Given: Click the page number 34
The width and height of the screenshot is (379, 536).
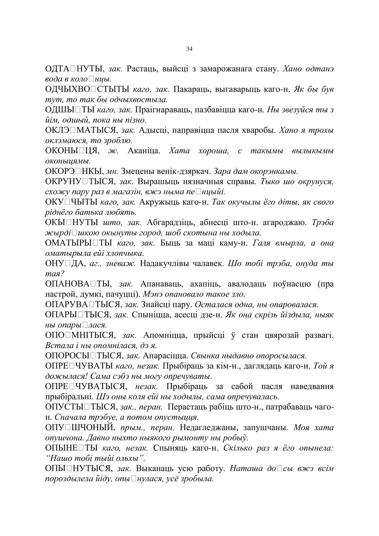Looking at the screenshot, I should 189,49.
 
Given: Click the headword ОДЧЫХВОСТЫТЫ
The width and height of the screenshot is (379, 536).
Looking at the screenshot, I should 87,89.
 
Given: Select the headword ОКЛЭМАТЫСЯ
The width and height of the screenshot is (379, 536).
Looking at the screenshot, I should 81,130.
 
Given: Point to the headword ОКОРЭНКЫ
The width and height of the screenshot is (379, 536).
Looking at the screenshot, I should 75,171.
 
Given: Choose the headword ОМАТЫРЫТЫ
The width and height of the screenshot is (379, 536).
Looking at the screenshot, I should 79,243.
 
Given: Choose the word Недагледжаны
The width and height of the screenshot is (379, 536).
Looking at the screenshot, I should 204,427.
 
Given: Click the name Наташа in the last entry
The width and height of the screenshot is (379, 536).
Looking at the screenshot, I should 247,468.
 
